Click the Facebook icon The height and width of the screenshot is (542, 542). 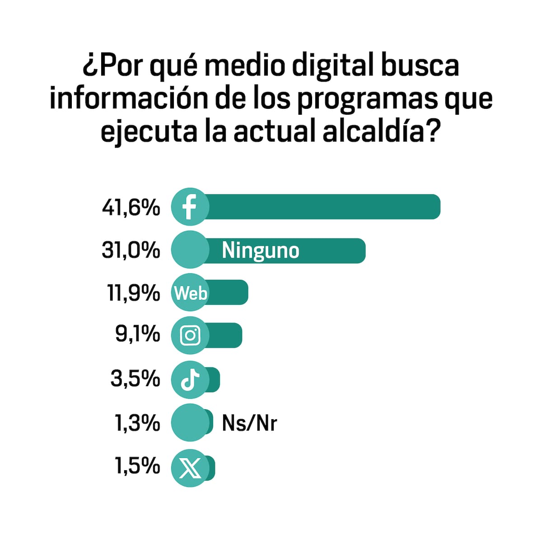click(x=190, y=207)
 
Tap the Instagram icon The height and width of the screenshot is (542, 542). click(x=190, y=336)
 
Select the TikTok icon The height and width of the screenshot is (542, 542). click(x=190, y=380)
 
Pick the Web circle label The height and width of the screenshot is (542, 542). click(x=190, y=293)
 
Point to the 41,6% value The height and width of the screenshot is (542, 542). click(x=131, y=208)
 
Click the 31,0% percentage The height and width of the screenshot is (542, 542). click(x=131, y=250)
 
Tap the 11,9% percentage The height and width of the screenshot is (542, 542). click(x=134, y=293)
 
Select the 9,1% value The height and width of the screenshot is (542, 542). click(x=138, y=335)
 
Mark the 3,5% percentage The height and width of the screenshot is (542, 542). click(x=135, y=378)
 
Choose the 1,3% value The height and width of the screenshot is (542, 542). click(x=137, y=423)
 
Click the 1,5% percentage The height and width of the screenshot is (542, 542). click(x=137, y=466)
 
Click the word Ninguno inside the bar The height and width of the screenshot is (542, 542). click(x=261, y=251)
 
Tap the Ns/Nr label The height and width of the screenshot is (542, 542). click(x=249, y=423)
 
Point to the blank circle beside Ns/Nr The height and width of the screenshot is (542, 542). click(x=190, y=423)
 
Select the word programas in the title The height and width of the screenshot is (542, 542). click(x=367, y=98)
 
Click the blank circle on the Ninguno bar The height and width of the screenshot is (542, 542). click(x=190, y=250)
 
